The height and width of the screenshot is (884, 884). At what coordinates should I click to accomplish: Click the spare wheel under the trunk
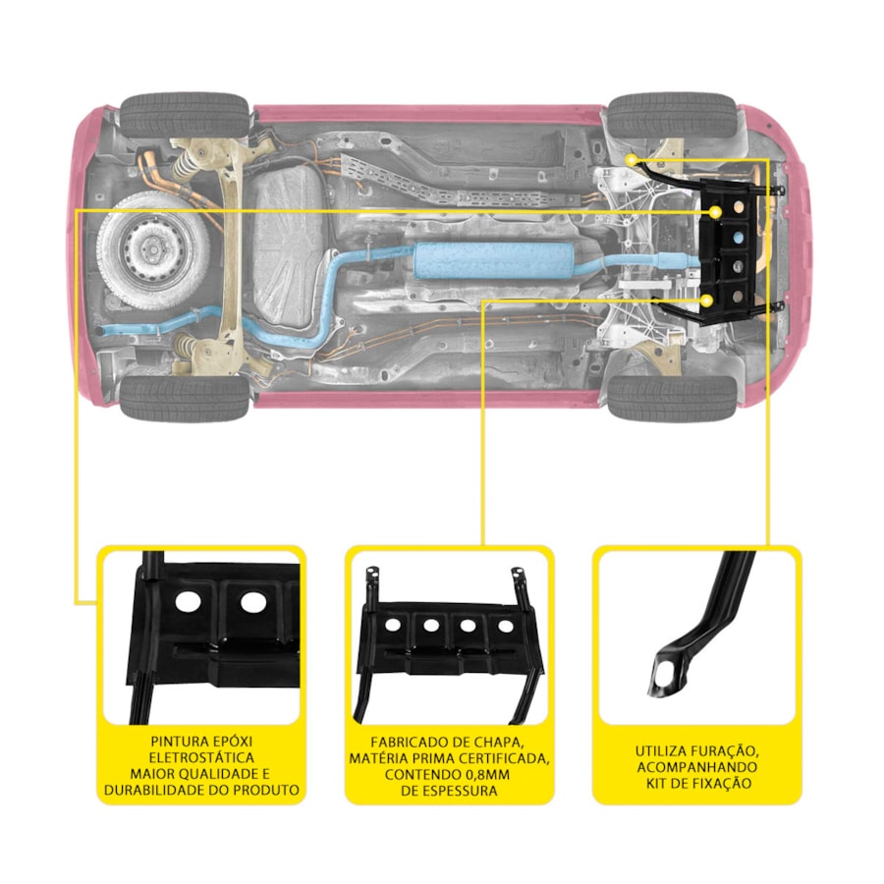tap(153, 251)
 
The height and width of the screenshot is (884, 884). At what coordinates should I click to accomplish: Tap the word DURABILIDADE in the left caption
tap(155, 790)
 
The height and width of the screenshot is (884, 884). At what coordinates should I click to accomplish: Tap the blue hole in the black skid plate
tap(738, 238)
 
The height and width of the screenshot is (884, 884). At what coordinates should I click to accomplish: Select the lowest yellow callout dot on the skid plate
tap(706, 302)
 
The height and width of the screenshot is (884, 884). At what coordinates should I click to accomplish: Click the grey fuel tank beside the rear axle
tap(288, 246)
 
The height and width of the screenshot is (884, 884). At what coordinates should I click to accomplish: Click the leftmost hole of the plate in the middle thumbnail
tap(393, 624)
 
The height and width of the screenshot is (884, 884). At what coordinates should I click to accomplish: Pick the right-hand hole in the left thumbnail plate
tap(253, 603)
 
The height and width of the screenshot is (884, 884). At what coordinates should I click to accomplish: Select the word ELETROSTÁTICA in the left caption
tap(201, 757)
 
